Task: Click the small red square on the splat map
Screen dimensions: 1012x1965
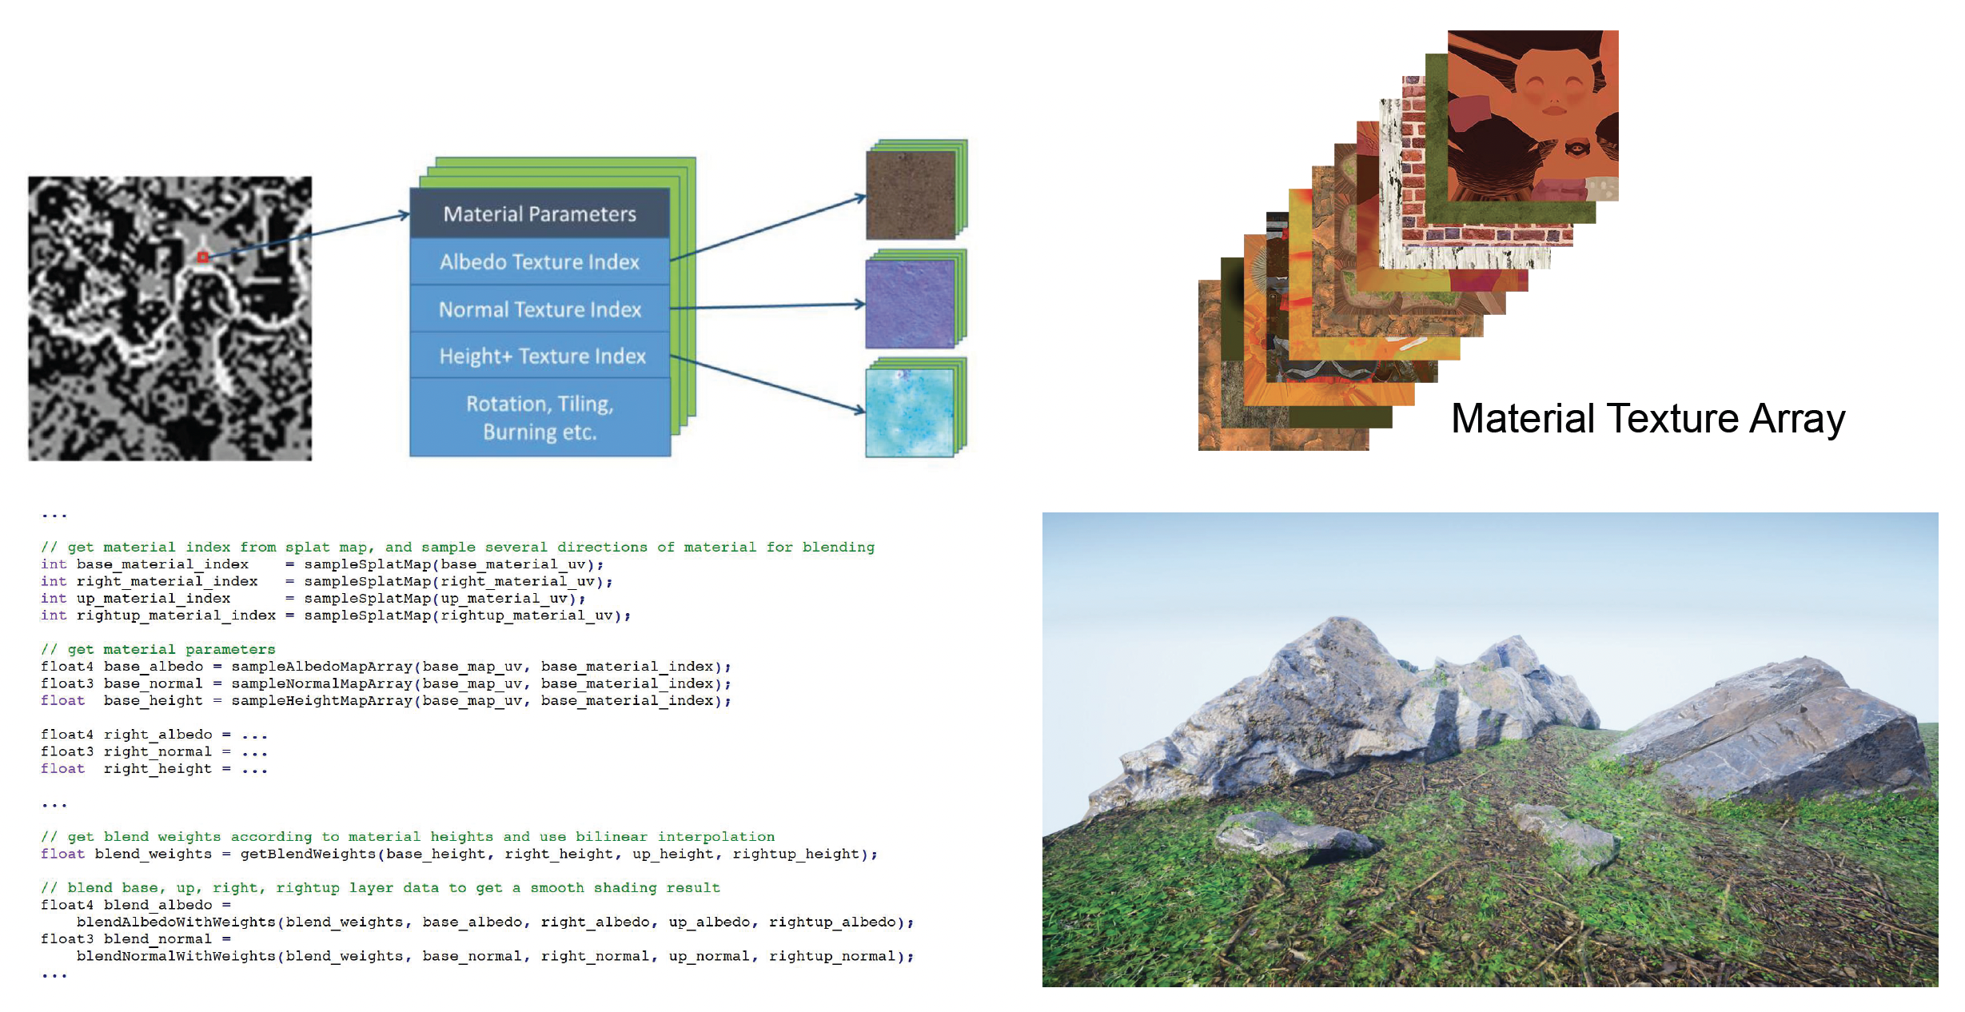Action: [x=203, y=257]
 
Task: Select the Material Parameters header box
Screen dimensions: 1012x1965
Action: [x=540, y=213]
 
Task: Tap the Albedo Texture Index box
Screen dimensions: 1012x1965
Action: [x=540, y=261]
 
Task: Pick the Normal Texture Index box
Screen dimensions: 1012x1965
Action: [x=540, y=309]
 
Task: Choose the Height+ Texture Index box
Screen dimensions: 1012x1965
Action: [x=541, y=356]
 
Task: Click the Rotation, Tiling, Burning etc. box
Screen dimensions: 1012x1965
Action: [x=540, y=417]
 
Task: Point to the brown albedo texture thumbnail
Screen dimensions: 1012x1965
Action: [x=911, y=194]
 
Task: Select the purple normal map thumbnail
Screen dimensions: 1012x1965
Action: [x=910, y=304]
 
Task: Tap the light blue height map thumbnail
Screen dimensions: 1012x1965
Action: [x=910, y=412]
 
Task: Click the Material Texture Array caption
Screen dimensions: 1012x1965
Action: [x=1648, y=418]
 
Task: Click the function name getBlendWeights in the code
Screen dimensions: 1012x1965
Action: [x=308, y=854]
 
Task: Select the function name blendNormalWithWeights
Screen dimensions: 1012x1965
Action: [x=176, y=956]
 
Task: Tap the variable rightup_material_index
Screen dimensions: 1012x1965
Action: [x=176, y=616]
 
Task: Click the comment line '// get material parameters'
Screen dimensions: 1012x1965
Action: [x=158, y=649]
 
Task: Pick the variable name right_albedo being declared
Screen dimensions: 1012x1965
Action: [x=158, y=735]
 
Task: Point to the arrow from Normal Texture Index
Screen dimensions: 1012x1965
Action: [x=767, y=305]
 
